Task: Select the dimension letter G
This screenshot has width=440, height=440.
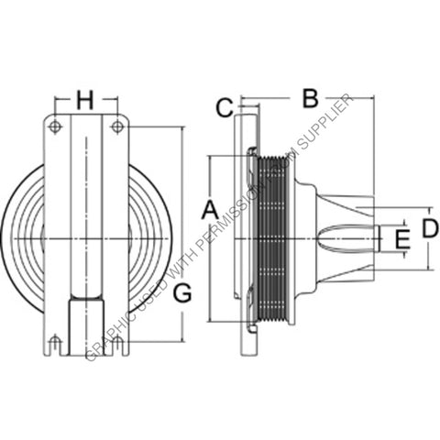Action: pos(182,293)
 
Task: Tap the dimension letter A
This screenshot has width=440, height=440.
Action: pos(209,209)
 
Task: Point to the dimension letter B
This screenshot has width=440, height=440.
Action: pos(309,96)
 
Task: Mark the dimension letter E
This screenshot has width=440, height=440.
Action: pos(400,240)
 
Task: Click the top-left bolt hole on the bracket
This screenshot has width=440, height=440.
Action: pos(55,127)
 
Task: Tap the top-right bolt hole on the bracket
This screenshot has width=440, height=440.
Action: pos(116,127)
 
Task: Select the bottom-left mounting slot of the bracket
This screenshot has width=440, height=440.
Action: pos(55,345)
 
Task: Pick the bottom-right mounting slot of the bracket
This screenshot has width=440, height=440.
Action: pos(116,345)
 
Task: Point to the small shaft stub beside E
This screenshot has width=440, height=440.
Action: pos(377,240)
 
